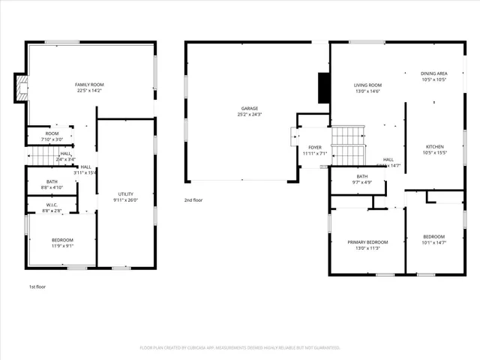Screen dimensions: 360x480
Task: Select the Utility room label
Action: click(125, 194)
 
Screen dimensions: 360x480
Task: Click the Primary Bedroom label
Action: click(367, 242)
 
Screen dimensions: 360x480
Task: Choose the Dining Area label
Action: click(435, 73)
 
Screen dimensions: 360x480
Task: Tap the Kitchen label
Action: click(435, 146)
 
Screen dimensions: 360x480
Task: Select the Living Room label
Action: click(367, 85)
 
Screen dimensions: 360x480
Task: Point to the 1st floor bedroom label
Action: click(62, 239)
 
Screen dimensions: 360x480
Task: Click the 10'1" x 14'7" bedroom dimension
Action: click(435, 242)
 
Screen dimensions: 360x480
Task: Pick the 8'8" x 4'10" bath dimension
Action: click(51, 187)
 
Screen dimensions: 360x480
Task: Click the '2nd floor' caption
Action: click(193, 200)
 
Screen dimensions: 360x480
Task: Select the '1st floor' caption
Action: click(37, 286)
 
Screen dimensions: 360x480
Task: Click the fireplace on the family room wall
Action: click(21, 88)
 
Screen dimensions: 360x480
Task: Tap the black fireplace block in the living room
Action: click(323, 88)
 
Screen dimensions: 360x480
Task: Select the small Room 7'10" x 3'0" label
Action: click(51, 136)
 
